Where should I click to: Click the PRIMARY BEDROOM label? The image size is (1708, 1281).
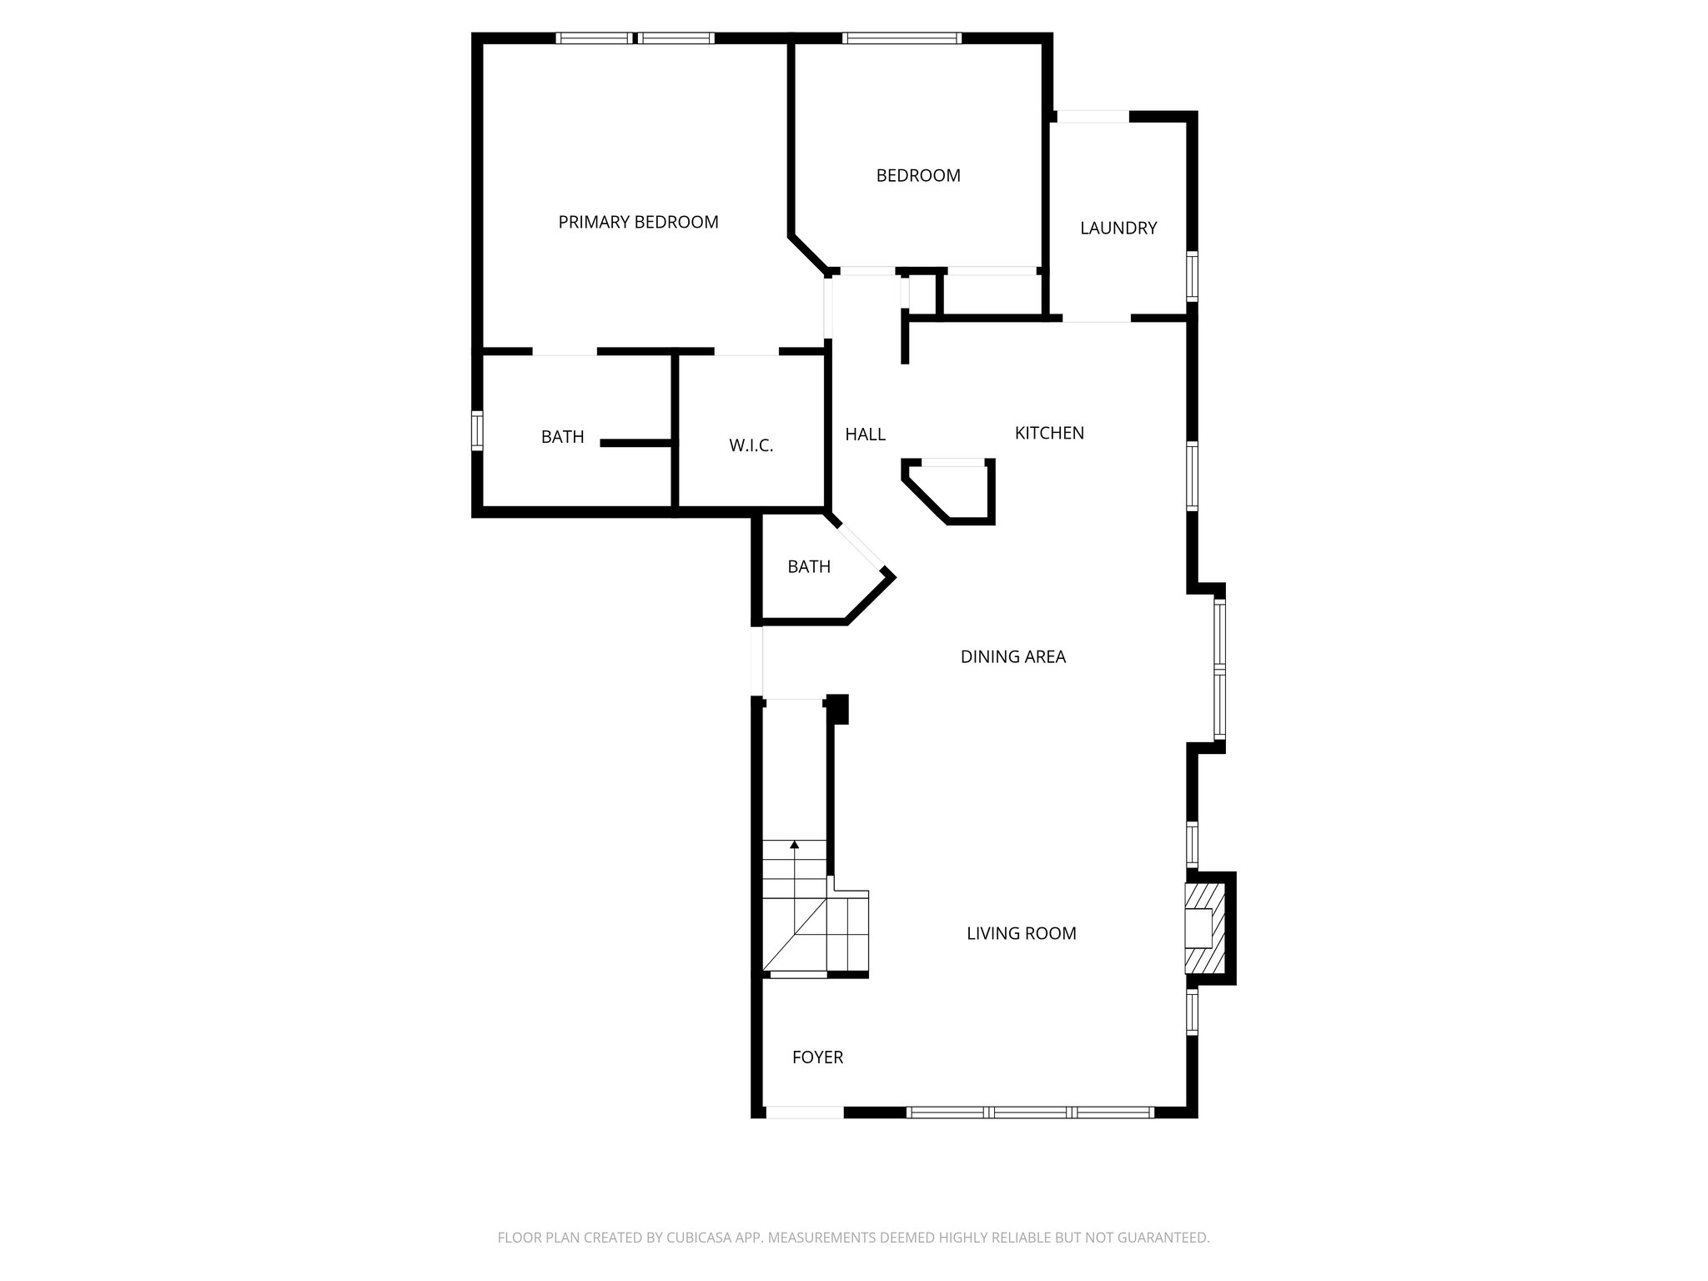pos(638,222)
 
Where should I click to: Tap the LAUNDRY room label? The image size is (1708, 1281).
pos(1118,228)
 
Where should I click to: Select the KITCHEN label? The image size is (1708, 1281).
pos(1049,433)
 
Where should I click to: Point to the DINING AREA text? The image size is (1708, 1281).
pos(1012,656)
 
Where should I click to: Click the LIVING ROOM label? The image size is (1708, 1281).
pos(1021,933)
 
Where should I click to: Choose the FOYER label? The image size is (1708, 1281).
pos(817,1057)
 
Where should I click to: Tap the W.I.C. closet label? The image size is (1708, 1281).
pos(751,445)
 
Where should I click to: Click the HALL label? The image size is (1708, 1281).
pos(865,434)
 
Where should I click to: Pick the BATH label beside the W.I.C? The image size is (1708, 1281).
pos(562,436)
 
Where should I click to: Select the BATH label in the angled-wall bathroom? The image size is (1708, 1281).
pos(808,566)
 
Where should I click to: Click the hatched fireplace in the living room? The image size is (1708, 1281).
pos(1205,928)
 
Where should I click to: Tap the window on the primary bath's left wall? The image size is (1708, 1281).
pos(477,430)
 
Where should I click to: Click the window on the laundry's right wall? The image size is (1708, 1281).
pos(1193,276)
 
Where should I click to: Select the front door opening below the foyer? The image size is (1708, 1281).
pos(804,1112)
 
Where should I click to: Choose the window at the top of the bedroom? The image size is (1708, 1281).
pos(902,38)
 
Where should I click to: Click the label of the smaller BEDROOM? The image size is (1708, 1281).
pos(917,175)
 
